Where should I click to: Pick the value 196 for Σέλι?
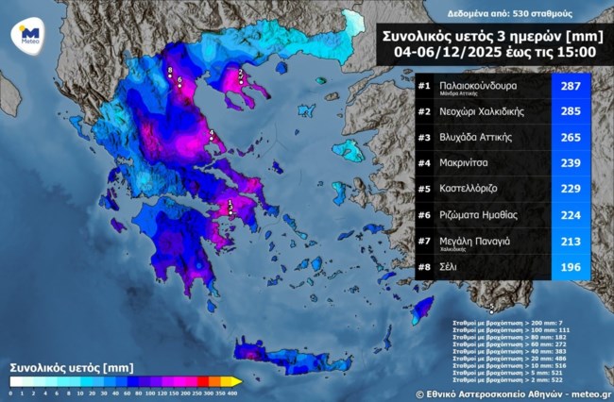pos(571,266)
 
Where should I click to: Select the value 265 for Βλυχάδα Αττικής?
pos(571,138)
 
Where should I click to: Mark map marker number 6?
pos(179,82)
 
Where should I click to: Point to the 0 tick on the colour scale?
pos(11,392)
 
